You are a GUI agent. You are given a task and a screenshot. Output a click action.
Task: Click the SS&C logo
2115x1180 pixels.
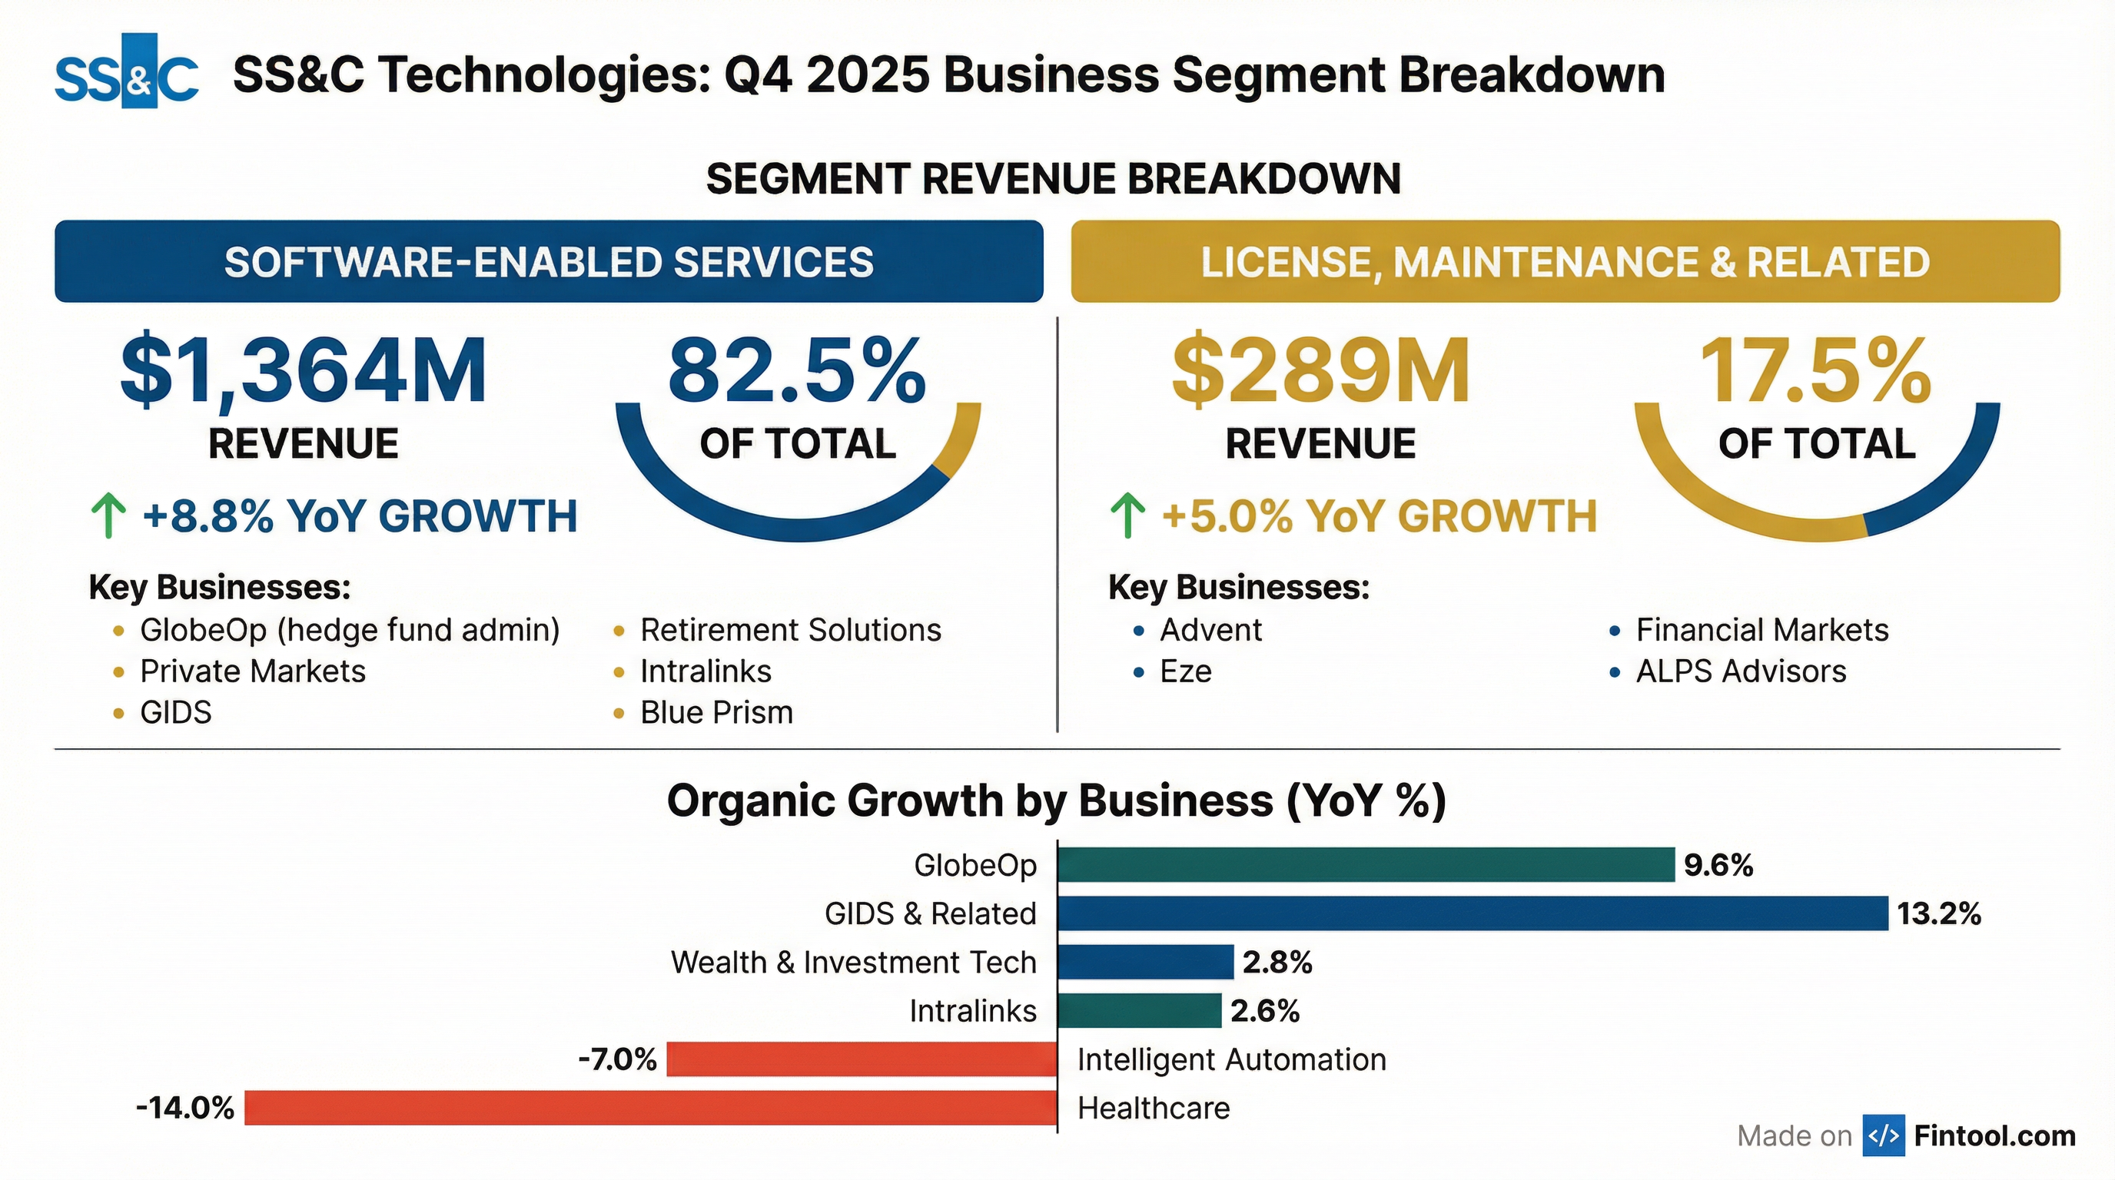click(127, 72)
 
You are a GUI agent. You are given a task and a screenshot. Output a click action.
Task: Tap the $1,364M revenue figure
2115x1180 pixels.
click(304, 371)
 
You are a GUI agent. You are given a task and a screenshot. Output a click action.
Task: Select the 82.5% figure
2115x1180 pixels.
click(796, 371)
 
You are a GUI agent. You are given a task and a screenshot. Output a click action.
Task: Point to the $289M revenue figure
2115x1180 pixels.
click(1320, 371)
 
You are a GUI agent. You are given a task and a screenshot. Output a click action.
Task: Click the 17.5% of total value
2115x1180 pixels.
click(1815, 371)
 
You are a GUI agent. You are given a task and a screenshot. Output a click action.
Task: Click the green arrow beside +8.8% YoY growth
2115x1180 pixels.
click(108, 515)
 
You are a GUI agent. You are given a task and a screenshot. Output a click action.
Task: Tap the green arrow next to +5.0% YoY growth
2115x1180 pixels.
click(1127, 515)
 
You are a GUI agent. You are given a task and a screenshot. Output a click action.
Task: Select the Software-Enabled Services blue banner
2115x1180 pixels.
click(549, 262)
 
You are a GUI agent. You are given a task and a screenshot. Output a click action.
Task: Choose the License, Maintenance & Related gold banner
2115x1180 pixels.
click(1565, 262)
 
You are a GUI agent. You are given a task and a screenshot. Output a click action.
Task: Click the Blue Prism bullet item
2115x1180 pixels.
click(716, 712)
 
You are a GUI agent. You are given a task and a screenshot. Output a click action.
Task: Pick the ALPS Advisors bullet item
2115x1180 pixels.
click(1741, 671)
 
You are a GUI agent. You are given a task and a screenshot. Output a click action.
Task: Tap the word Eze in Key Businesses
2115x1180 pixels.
click(1185, 671)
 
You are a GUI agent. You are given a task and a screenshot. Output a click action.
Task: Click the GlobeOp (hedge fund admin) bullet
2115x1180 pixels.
click(350, 630)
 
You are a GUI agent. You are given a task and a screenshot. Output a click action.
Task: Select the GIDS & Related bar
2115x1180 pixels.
click(1473, 913)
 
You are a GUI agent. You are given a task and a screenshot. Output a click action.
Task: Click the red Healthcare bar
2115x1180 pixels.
click(650, 1108)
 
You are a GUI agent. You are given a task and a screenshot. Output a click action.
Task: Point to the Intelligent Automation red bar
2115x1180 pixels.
click(862, 1059)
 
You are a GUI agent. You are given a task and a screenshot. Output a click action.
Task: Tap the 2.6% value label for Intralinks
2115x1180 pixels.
click(1264, 1011)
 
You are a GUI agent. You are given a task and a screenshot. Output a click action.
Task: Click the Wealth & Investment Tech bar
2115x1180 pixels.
click(1145, 962)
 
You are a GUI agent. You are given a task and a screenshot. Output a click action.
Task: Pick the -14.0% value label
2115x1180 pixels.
click(184, 1108)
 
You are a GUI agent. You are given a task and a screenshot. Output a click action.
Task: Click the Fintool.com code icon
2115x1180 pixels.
click(1883, 1135)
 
